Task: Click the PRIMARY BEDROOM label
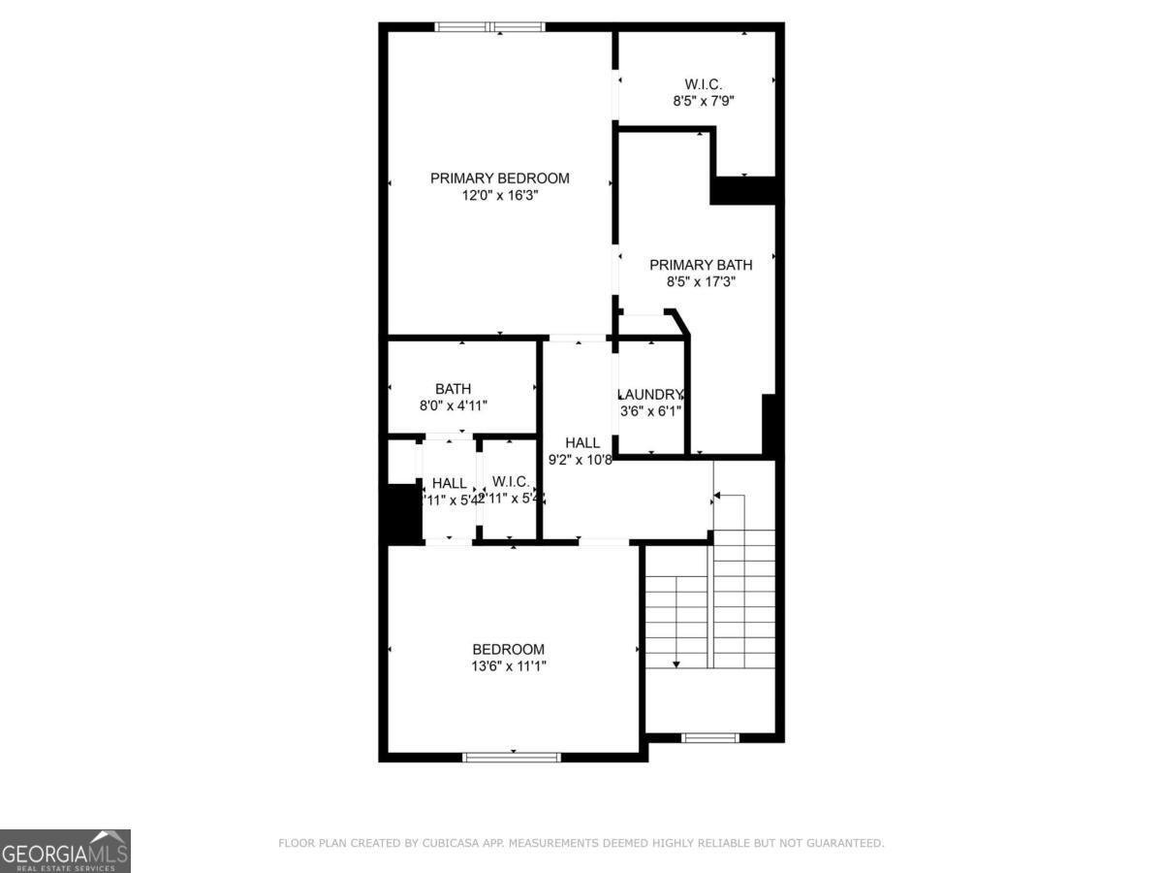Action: (499, 178)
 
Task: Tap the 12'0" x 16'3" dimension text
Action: (499, 195)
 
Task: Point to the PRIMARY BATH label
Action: (701, 265)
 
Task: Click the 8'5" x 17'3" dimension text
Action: (701, 282)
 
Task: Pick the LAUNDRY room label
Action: (651, 395)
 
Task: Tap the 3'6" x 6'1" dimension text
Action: (651, 410)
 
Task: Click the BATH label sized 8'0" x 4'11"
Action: (453, 389)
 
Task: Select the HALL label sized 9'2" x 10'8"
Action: (582, 442)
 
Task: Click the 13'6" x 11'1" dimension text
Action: (509, 666)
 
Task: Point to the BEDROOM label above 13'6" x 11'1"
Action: (509, 649)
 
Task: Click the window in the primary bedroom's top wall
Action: (489, 27)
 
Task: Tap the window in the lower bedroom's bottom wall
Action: (513, 757)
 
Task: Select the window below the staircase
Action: (710, 738)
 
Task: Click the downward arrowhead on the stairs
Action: (676, 664)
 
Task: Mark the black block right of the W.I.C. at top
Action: (744, 190)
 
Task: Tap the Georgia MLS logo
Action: (65, 851)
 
